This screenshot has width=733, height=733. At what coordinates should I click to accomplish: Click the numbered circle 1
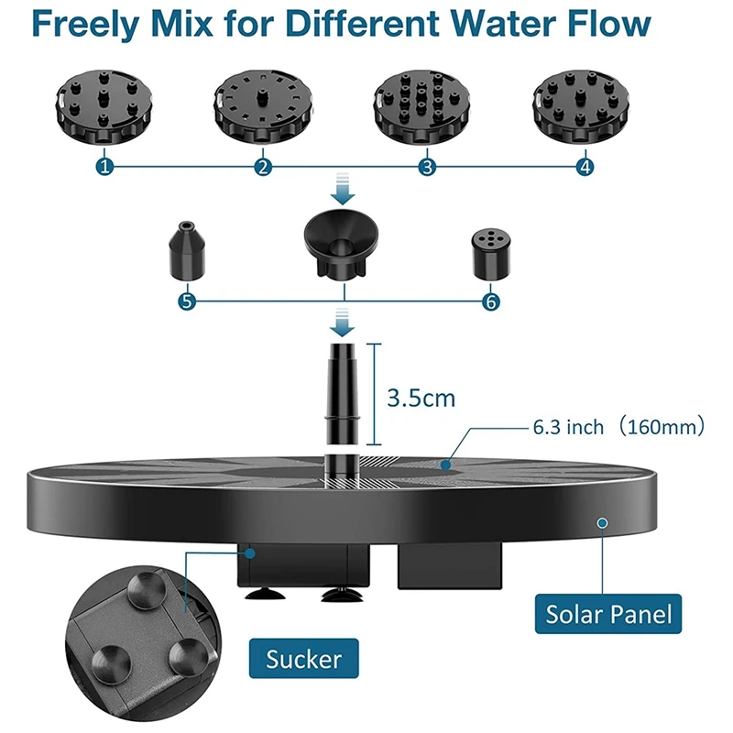tap(107, 167)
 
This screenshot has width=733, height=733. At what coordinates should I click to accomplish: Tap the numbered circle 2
tap(264, 167)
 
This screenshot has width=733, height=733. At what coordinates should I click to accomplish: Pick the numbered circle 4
tap(585, 167)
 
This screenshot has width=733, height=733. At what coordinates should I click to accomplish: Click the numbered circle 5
tap(188, 301)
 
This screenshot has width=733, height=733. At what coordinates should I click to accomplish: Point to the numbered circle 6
tap(493, 301)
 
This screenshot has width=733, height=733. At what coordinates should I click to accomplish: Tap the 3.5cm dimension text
tap(421, 399)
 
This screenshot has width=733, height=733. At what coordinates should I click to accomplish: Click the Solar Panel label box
tap(608, 612)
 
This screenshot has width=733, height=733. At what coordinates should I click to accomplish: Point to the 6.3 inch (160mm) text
tap(618, 427)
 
